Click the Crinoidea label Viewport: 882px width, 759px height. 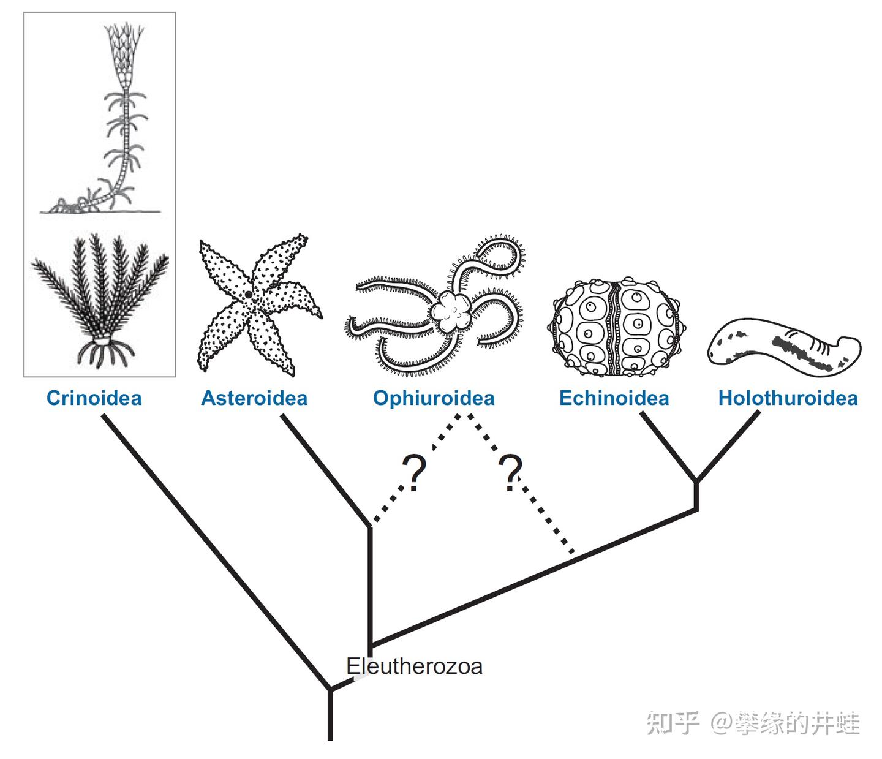pos(94,398)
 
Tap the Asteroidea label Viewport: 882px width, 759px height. pos(254,398)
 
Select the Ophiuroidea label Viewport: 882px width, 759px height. pos(434,398)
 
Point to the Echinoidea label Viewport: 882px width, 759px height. pos(614,398)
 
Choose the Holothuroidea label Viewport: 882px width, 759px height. pos(788,398)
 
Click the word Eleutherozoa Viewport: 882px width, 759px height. pos(414,666)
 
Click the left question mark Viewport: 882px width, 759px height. pos(414,472)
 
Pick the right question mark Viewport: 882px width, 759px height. pos(511,472)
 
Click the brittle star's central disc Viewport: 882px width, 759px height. pos(452,311)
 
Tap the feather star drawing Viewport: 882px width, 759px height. pos(100,300)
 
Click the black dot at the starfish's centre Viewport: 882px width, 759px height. pos(248,294)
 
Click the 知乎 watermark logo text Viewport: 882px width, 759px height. pos(673,723)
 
